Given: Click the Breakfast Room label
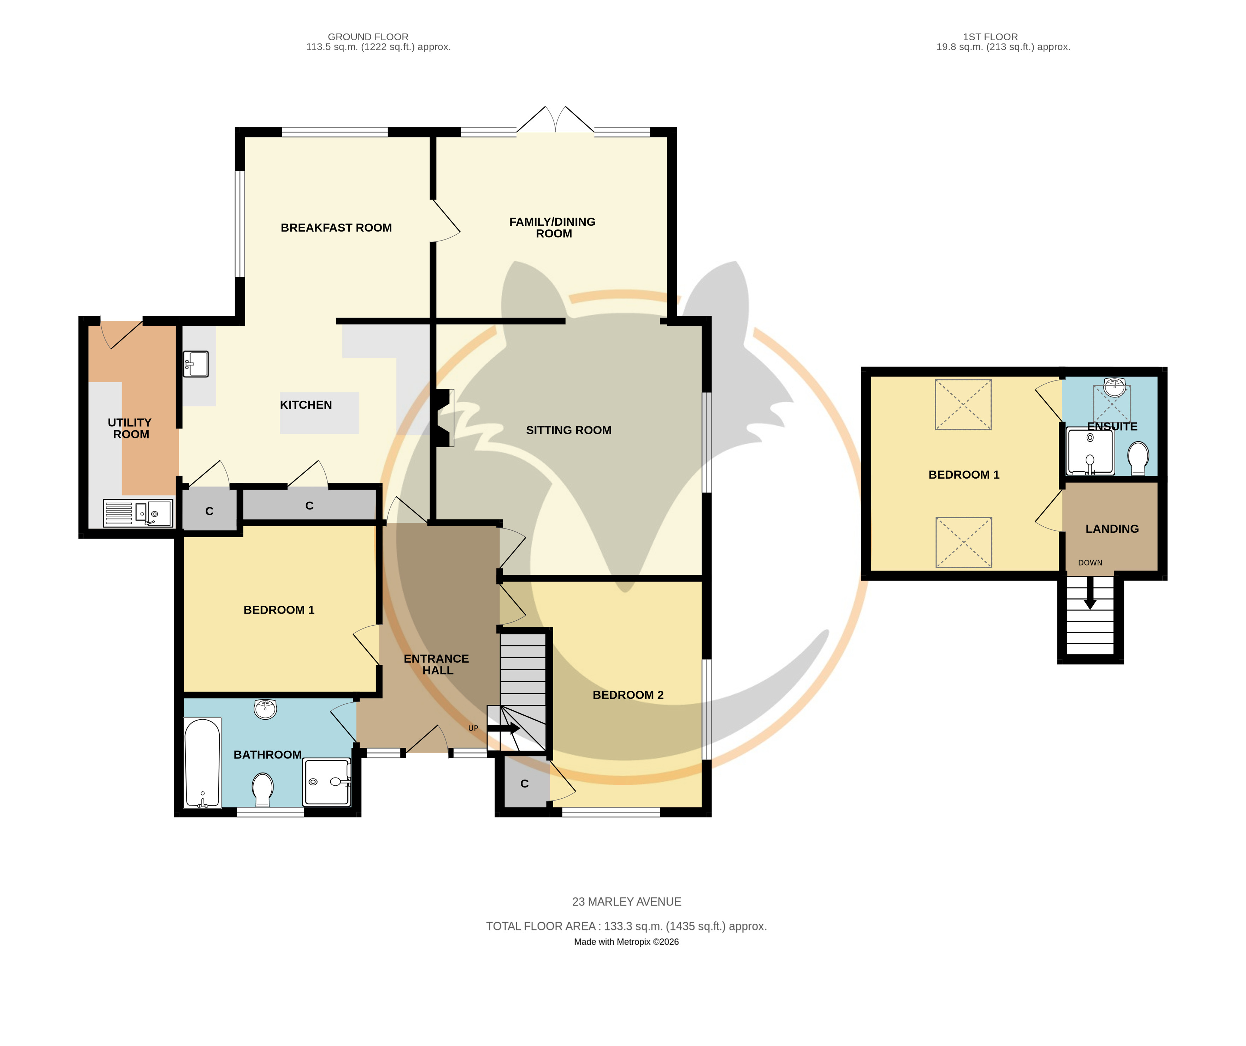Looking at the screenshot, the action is (x=336, y=228).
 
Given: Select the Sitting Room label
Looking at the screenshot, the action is (x=568, y=430).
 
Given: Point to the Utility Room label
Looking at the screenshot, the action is (x=130, y=429).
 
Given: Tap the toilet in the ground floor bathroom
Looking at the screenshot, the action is (x=262, y=790).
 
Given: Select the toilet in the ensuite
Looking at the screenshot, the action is (x=1138, y=458).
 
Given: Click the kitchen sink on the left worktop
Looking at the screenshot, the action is (x=196, y=364).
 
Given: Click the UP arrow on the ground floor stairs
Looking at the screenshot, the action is (x=503, y=728).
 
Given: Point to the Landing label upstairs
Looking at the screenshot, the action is (x=1112, y=528).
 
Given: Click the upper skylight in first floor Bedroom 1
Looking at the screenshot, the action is (x=963, y=404).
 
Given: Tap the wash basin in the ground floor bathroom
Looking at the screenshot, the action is (x=265, y=708).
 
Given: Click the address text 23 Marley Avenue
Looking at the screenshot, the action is (x=627, y=902).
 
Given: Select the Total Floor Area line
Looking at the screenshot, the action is (x=627, y=926).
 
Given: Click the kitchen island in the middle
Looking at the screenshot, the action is (x=319, y=413).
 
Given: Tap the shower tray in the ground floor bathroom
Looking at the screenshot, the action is (x=327, y=782).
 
